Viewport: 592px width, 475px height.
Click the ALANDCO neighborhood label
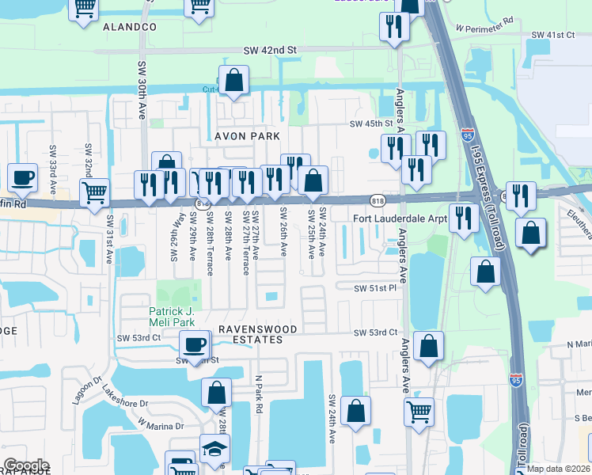(130, 27)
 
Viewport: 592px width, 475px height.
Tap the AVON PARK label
(248, 136)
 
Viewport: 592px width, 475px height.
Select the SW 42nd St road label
(270, 50)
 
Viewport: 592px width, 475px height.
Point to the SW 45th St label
(371, 124)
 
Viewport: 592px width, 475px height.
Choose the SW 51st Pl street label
(376, 288)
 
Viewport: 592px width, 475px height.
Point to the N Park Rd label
(258, 397)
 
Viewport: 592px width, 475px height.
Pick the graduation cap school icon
(214, 450)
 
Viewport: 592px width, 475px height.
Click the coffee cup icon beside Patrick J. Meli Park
(195, 344)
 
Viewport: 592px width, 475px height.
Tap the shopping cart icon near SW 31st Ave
(94, 191)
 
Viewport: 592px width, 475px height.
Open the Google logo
(26, 465)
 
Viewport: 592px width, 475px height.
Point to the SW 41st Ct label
(552, 36)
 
